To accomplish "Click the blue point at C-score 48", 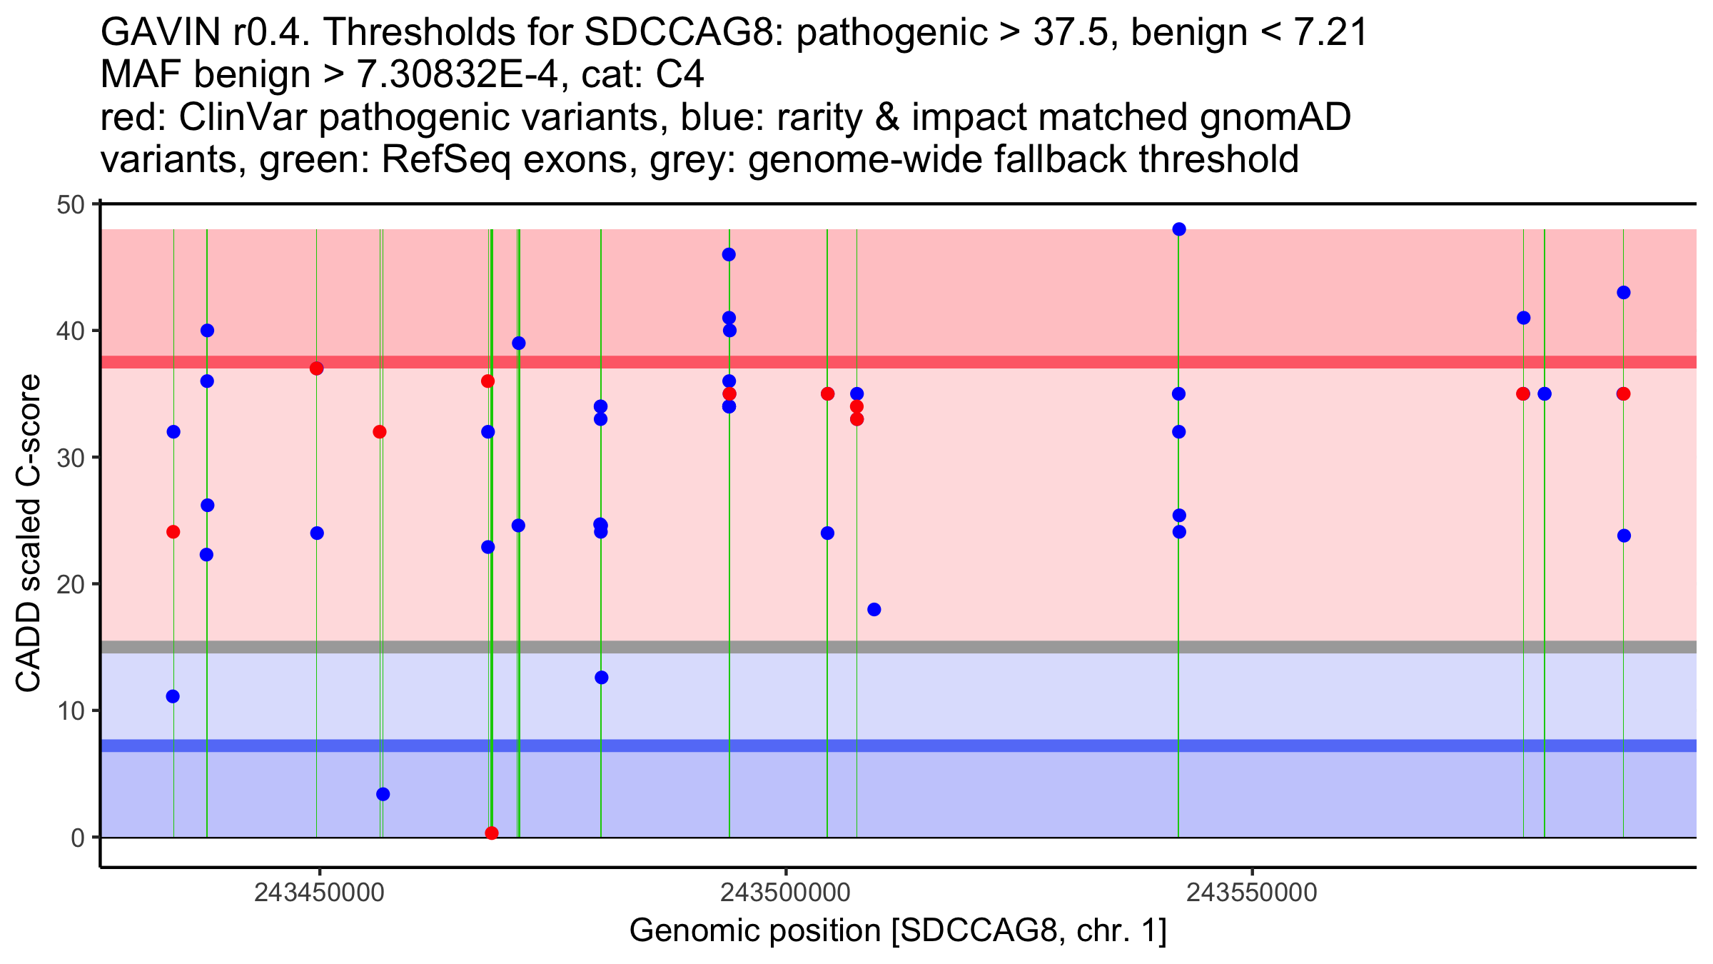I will (x=1179, y=229).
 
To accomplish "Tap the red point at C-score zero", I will (x=492, y=833).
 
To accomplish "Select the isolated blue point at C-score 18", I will (x=874, y=609).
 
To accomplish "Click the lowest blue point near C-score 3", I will (x=383, y=794).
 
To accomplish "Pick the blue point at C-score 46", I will (x=729, y=255).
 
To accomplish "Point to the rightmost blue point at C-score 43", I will (x=1624, y=293).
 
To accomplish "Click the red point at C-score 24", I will (x=173, y=532).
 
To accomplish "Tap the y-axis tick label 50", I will (x=70, y=205).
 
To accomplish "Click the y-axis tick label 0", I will (x=77, y=838).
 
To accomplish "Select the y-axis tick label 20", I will (x=70, y=584).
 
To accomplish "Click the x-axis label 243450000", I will (x=319, y=893).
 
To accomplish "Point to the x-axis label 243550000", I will (x=1252, y=893).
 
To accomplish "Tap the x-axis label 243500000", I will (x=786, y=893).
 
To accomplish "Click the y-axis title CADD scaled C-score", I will (x=29, y=534).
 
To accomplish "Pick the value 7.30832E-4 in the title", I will (x=458, y=75).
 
